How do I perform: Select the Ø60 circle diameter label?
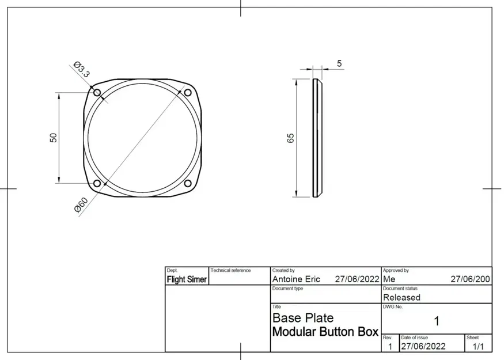coord(81,205)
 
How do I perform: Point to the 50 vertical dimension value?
coord(53,138)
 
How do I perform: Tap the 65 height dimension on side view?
coord(290,138)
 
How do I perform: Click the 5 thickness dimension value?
coord(339,63)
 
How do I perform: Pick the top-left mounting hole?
coord(97,93)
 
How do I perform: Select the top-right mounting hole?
coord(187,93)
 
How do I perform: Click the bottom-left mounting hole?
coord(97,183)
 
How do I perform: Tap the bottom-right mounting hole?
coord(187,183)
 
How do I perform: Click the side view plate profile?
coord(316,138)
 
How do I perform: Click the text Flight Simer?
coord(187,279)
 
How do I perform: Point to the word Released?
coord(401,298)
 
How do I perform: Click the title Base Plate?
coord(302,318)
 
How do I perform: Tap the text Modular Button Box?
coord(325,332)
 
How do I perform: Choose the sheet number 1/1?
coord(478,347)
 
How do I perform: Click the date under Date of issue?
coord(423,347)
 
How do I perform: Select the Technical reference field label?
coord(230,270)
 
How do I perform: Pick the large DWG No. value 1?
coord(436,321)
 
